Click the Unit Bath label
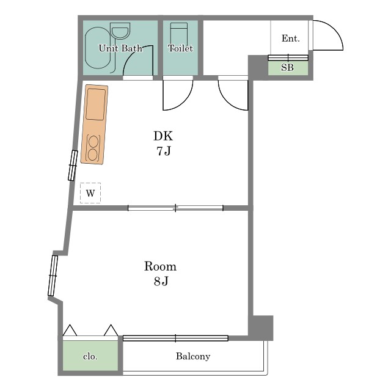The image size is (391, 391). point(120,48)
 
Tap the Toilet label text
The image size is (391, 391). point(181,48)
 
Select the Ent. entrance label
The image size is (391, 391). point(291,38)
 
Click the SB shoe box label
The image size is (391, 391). point(288,67)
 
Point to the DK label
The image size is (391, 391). point(163,136)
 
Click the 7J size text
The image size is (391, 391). point(164,151)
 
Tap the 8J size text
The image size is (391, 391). point(161,281)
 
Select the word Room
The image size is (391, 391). point(160,266)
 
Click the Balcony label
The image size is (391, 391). point(193,356)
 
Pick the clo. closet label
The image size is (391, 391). point(90,357)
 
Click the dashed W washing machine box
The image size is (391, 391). point(90,193)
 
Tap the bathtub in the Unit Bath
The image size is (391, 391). point(98,48)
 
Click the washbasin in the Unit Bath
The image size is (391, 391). point(120,31)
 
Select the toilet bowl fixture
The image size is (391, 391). point(179,34)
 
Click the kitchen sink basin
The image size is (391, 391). point(96,104)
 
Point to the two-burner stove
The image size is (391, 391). point(93,148)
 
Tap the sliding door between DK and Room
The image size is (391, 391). point(175,208)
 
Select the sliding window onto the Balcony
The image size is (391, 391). point(175,338)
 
